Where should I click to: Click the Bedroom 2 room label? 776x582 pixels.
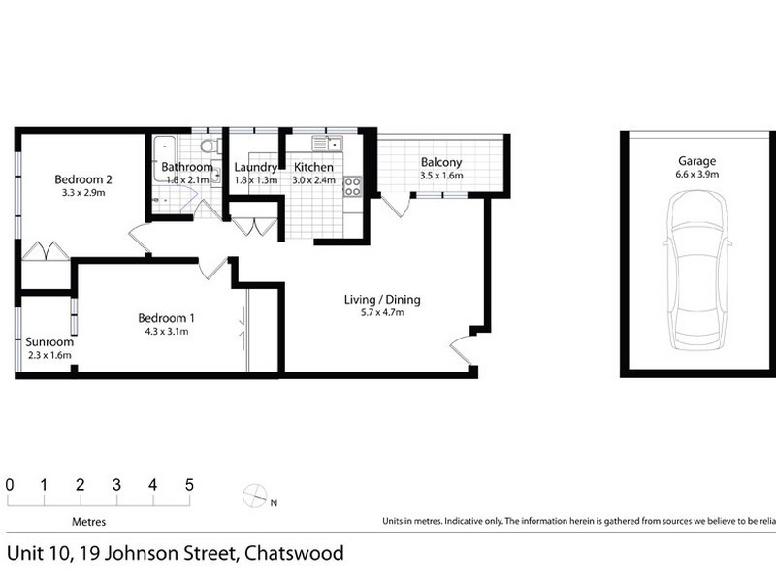coord(84,178)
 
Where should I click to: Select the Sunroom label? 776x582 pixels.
coord(49,342)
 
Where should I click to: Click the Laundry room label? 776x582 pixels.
coord(255,167)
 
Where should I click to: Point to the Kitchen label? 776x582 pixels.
coord(313,167)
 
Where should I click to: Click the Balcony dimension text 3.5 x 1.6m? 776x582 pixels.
coord(441,176)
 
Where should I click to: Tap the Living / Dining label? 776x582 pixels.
coord(382,299)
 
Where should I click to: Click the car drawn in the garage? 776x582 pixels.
coord(696,270)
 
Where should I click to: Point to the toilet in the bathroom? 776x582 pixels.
coord(206,147)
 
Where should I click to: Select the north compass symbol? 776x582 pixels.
coord(254,495)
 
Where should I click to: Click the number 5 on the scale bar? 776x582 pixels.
coord(188,484)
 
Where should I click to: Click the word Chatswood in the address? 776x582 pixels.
coord(294,554)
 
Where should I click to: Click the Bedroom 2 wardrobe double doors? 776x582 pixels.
coord(45,250)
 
